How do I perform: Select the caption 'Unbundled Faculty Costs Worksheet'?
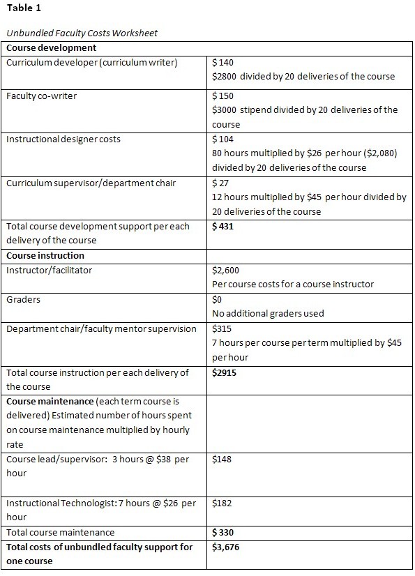pyautogui.click(x=81, y=33)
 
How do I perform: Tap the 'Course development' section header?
pyautogui.click(x=51, y=48)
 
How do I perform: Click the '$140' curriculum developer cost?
pyautogui.click(x=223, y=62)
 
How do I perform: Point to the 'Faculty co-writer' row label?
pyautogui.click(x=41, y=96)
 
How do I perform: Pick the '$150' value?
pyautogui.click(x=223, y=96)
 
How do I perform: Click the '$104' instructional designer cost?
pyautogui.click(x=223, y=139)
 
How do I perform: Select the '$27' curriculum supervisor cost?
pyautogui.click(x=220, y=183)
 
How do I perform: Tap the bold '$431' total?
pyautogui.click(x=223, y=226)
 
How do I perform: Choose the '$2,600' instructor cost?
pyautogui.click(x=227, y=270)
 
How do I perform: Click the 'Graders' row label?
pyautogui.click(x=23, y=299)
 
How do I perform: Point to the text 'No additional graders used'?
pyautogui.click(x=268, y=313)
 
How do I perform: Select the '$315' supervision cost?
pyautogui.click(x=223, y=328)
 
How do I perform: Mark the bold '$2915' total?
pyautogui.click(x=226, y=372)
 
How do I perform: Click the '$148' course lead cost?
pyautogui.click(x=223, y=459)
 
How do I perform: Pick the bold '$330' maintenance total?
pyautogui.click(x=223, y=532)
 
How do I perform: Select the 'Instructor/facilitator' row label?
pyautogui.click(x=49, y=270)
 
